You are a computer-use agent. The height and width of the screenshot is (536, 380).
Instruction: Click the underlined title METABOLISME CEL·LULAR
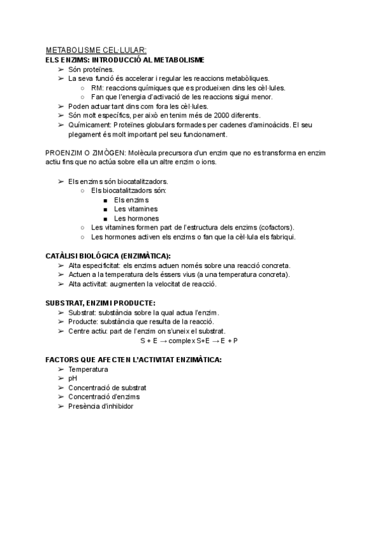(x=96, y=51)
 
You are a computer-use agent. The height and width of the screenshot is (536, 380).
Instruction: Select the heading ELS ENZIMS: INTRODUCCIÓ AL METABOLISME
(x=125, y=60)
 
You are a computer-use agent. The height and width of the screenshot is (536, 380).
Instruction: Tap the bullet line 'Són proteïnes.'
(x=91, y=69)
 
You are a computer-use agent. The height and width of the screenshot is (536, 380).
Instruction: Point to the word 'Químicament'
(x=89, y=125)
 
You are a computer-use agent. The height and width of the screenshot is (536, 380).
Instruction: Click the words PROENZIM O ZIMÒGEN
(x=85, y=153)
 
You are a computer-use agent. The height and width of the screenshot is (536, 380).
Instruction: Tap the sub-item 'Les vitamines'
(x=136, y=209)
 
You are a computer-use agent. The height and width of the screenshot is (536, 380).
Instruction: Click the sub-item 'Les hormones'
(x=136, y=219)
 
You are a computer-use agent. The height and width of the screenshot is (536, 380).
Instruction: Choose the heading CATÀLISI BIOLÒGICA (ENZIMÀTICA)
(x=108, y=256)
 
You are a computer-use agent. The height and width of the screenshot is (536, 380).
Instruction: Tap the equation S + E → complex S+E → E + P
(x=189, y=341)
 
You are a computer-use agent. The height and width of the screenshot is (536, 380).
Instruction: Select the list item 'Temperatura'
(x=88, y=369)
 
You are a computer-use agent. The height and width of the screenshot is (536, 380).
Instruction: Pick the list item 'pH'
(x=73, y=379)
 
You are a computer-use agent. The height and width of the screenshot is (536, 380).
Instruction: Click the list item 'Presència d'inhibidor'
(x=101, y=406)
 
